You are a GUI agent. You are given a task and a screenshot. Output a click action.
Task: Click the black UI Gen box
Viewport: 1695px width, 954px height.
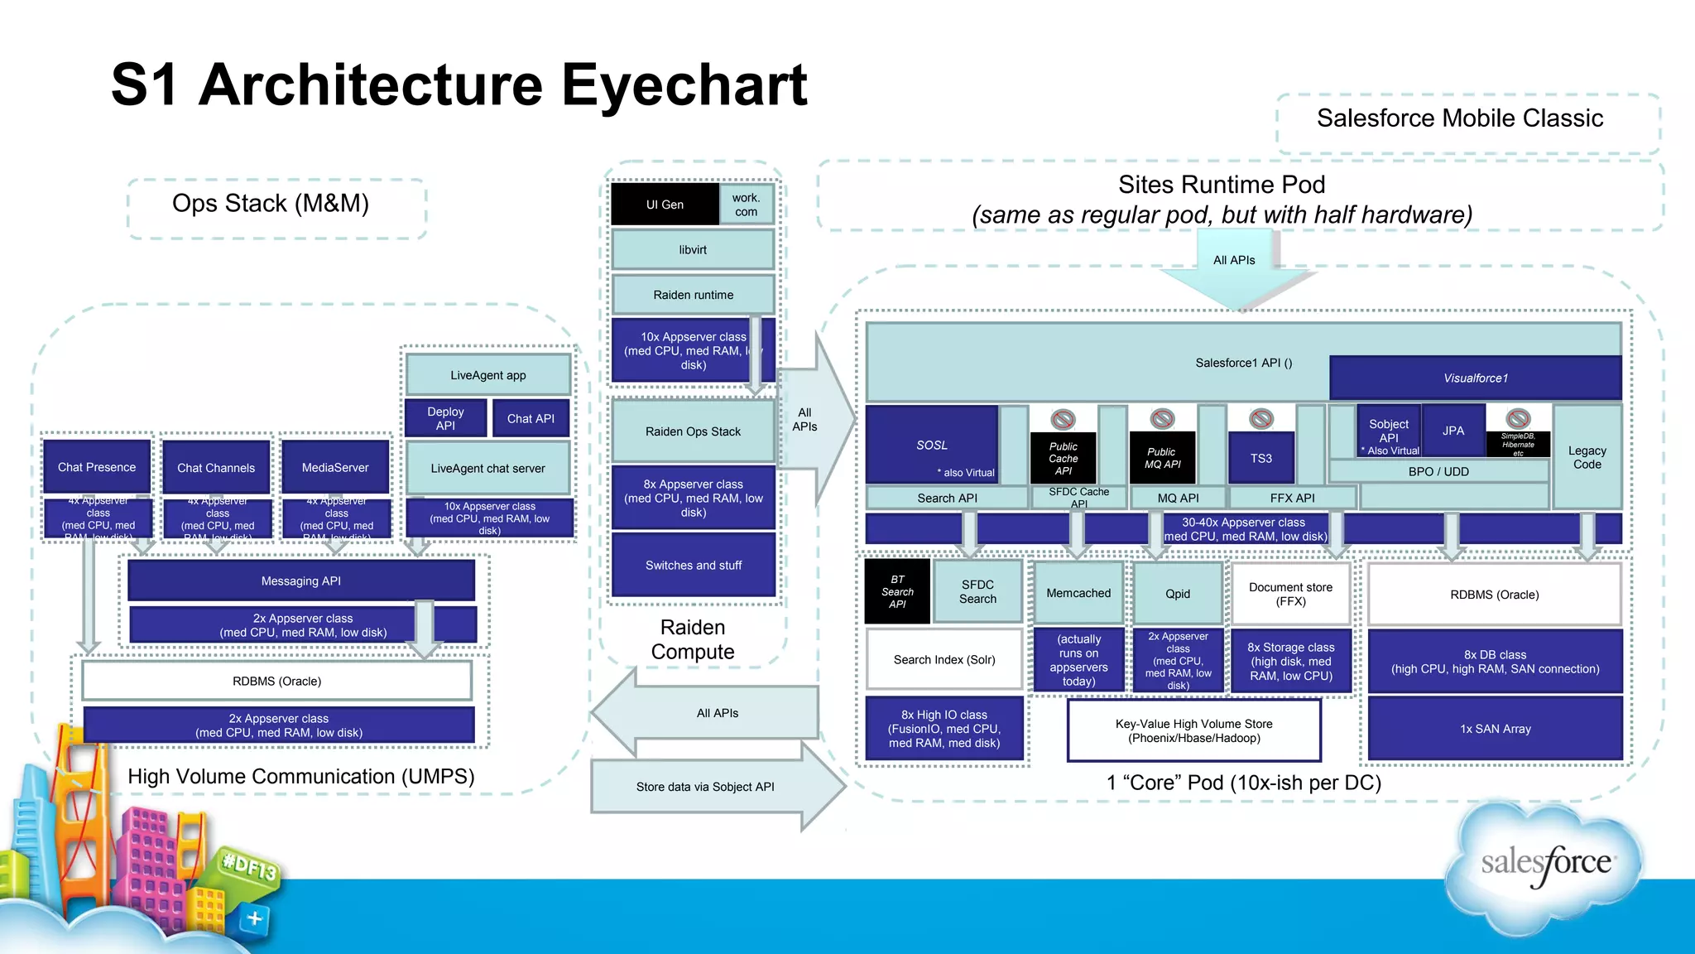point(665,205)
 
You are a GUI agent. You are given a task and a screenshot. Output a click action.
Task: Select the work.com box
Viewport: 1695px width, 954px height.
point(746,205)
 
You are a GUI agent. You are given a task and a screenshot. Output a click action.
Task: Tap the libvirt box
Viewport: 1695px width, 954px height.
point(693,249)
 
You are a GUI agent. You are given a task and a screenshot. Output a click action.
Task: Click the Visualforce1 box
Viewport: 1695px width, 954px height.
point(1475,378)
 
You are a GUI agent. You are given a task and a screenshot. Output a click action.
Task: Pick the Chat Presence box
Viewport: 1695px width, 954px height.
point(97,467)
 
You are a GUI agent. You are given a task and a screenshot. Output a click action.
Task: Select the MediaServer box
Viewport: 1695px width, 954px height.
point(335,467)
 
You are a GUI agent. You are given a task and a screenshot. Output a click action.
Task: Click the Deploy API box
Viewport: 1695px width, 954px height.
point(445,418)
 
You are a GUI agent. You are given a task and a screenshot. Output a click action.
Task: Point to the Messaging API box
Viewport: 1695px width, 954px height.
point(301,581)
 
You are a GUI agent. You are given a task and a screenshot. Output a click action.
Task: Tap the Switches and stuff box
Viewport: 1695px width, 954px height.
point(693,565)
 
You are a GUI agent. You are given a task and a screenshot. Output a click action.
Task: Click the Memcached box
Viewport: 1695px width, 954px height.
point(1078,593)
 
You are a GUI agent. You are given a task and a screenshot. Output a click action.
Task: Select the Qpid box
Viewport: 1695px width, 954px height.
point(1178,593)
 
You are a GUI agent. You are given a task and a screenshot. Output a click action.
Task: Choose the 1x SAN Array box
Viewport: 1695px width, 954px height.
point(1495,729)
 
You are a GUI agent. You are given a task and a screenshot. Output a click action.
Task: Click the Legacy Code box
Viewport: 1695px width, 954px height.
point(1587,457)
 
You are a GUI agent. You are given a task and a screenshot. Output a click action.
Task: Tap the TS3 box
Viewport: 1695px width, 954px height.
point(1260,458)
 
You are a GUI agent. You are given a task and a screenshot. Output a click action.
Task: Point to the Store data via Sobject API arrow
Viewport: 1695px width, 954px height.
point(706,787)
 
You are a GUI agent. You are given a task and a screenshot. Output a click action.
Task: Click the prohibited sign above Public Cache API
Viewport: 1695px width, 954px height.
point(1063,419)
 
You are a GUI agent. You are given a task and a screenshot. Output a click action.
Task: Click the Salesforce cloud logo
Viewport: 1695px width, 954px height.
point(1544,863)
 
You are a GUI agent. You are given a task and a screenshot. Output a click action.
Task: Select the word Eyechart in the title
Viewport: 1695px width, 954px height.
point(684,85)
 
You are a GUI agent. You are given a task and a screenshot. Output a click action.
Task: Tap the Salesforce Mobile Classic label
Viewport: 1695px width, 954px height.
point(1460,118)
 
